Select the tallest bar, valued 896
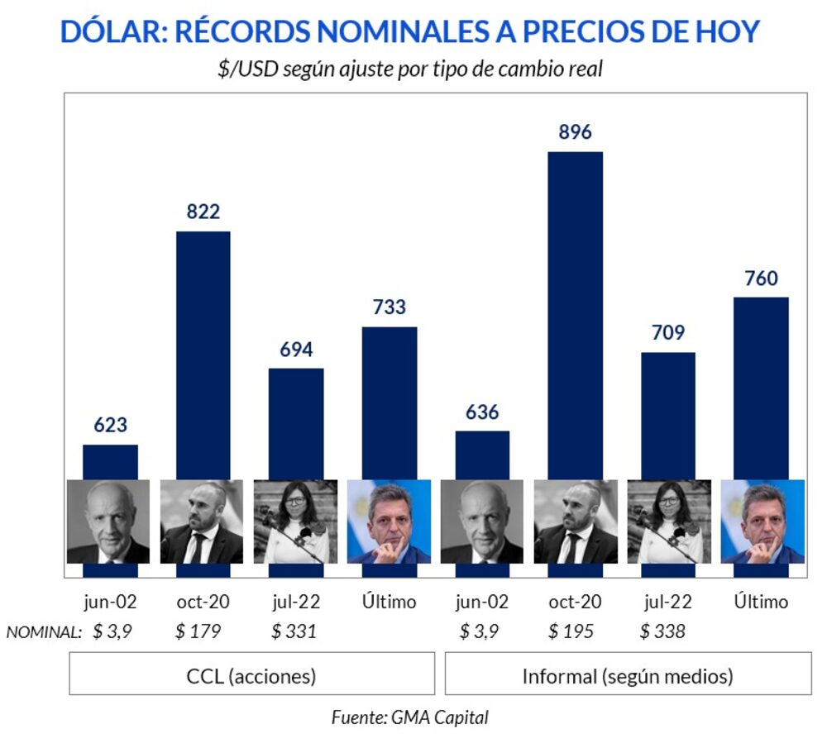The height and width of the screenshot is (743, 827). click(x=575, y=314)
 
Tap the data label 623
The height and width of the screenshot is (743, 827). click(x=110, y=425)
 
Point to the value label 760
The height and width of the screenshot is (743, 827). click(x=761, y=279)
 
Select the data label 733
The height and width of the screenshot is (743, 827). click(x=390, y=307)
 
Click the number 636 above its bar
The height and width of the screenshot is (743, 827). click(x=482, y=412)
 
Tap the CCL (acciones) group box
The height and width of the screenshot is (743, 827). click(x=251, y=677)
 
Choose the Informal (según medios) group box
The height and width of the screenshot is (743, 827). click(x=628, y=677)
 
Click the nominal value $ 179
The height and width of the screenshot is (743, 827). click(x=198, y=632)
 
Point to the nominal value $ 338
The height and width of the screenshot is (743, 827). click(x=662, y=632)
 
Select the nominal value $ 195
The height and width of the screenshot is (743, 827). click(x=571, y=632)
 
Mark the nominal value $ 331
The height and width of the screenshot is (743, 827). click(x=294, y=632)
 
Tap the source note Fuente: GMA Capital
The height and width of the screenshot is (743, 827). click(x=409, y=717)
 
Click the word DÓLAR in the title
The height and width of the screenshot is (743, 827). click(x=112, y=31)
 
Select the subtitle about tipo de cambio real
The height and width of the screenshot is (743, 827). click(x=409, y=69)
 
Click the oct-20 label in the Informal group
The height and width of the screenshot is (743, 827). click(x=575, y=602)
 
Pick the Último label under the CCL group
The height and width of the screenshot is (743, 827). click(x=390, y=602)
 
